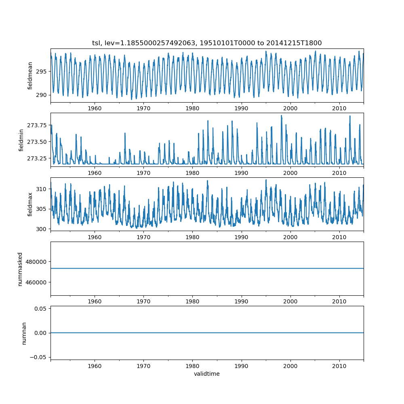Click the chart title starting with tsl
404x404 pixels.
207,43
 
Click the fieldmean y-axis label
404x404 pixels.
30,76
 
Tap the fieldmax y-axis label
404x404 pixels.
30,204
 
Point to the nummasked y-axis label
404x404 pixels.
20,269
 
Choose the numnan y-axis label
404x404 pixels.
24,333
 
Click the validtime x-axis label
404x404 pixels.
207,374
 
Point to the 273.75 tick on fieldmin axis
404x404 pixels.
38,126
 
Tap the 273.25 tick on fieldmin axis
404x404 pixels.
38,158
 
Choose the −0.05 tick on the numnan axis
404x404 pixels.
39,357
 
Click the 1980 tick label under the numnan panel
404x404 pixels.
192,366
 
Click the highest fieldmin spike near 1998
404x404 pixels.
281,116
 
